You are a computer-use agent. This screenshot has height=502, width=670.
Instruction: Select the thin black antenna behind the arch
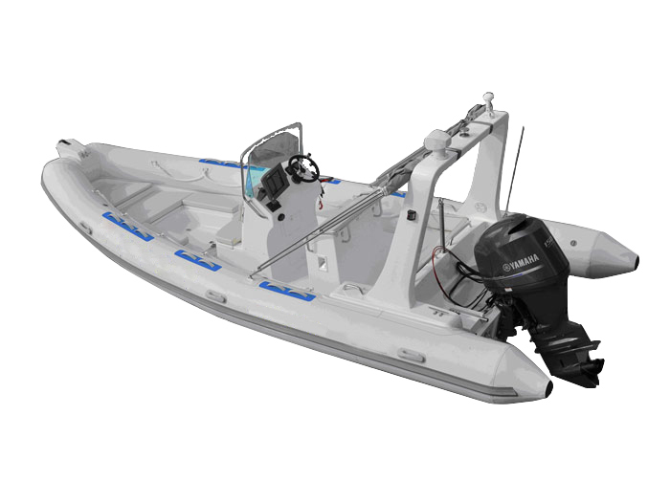tap(518, 172)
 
